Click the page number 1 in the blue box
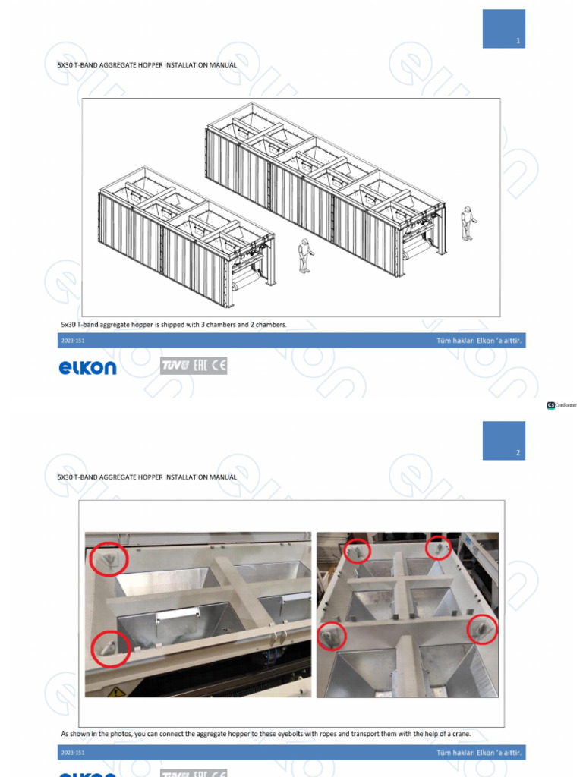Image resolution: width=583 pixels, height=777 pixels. [x=518, y=41]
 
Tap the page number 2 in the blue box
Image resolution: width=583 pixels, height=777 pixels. [x=518, y=453]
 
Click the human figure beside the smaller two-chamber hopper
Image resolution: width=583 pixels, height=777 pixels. [x=305, y=256]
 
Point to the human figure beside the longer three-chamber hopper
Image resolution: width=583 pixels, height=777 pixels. [x=468, y=225]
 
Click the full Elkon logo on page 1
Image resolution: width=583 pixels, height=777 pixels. [x=88, y=368]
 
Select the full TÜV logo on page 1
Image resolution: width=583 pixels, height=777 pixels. [x=175, y=366]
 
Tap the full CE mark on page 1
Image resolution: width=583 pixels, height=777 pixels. [x=219, y=366]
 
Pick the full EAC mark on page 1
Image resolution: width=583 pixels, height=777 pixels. [x=199, y=366]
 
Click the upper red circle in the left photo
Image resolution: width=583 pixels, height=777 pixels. [x=109, y=560]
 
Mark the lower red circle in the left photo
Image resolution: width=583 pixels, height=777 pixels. [x=111, y=650]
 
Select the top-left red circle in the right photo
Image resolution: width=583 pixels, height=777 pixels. [x=358, y=551]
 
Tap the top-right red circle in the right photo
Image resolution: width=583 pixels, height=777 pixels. [x=439, y=547]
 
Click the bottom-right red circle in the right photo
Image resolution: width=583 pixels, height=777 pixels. [x=481, y=629]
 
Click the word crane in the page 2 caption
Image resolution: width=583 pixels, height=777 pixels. [x=460, y=734]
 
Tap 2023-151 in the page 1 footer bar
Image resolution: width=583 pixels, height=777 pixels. [x=72, y=341]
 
